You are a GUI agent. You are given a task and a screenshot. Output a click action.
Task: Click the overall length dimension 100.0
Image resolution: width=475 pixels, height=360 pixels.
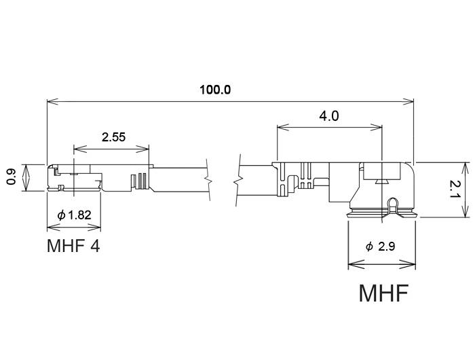[216, 90]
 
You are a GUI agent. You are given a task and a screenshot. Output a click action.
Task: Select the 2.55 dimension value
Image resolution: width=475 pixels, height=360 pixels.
[113, 137]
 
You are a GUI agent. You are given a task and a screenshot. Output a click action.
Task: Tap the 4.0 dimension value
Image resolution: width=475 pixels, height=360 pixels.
[328, 116]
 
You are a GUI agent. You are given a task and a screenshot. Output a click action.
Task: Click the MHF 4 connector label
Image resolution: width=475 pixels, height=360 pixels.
[73, 245]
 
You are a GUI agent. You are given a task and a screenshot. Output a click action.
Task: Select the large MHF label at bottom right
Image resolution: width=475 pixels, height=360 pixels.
[383, 294]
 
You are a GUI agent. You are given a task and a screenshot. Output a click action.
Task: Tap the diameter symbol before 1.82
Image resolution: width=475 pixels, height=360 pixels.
[62, 215]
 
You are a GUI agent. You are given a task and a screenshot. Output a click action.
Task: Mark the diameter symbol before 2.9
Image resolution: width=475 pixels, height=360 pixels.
[369, 247]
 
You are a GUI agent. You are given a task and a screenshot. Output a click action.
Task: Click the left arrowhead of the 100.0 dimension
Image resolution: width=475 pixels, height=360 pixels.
[50, 102]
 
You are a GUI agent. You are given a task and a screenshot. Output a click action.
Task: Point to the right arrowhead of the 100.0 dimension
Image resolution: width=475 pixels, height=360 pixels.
[410, 102]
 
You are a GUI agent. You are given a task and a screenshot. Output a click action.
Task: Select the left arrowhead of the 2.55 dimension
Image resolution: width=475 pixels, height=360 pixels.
[76, 147]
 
